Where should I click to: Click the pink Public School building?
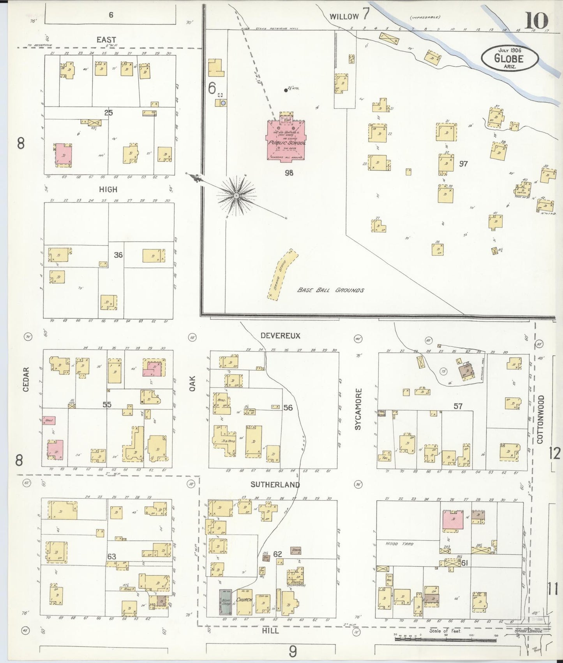click(286, 140)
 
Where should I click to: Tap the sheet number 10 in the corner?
click(536, 20)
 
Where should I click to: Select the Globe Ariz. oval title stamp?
click(510, 58)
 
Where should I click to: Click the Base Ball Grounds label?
click(330, 290)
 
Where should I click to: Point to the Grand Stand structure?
click(282, 275)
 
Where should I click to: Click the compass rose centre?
click(236, 195)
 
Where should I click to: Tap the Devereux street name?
click(281, 335)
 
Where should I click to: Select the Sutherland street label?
click(275, 484)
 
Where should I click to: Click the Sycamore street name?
click(358, 409)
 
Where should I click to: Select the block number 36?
click(118, 255)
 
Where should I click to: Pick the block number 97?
click(463, 164)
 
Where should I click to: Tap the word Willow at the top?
click(344, 16)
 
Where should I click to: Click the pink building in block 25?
click(64, 154)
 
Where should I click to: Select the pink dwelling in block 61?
click(453, 519)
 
